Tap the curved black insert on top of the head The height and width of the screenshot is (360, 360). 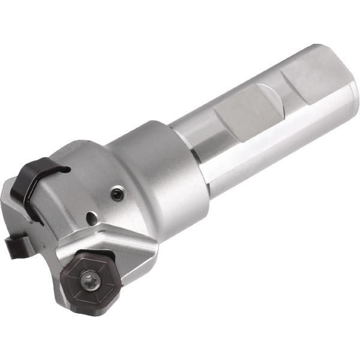pyautogui.click(x=37, y=174)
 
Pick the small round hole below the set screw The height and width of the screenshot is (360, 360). pyautogui.click(x=91, y=217)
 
